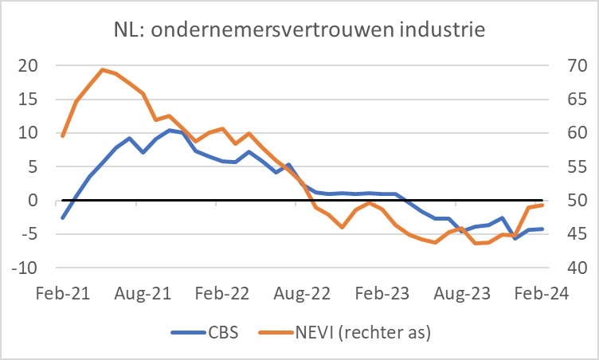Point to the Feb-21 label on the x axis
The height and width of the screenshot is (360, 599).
coord(62,293)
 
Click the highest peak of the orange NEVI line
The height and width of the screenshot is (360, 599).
coord(103,69)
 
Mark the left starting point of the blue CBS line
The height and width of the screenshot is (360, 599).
coord(62,217)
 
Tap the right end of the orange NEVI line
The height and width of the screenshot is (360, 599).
coord(542,205)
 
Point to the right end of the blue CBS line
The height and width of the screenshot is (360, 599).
coord(542,229)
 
